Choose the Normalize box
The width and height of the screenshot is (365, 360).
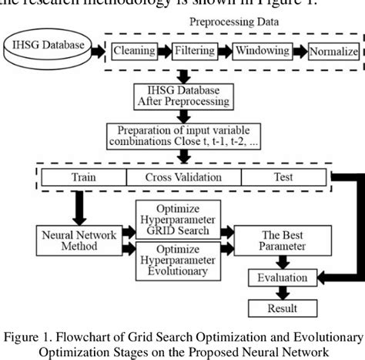click(333, 52)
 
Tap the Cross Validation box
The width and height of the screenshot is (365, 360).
click(183, 177)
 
